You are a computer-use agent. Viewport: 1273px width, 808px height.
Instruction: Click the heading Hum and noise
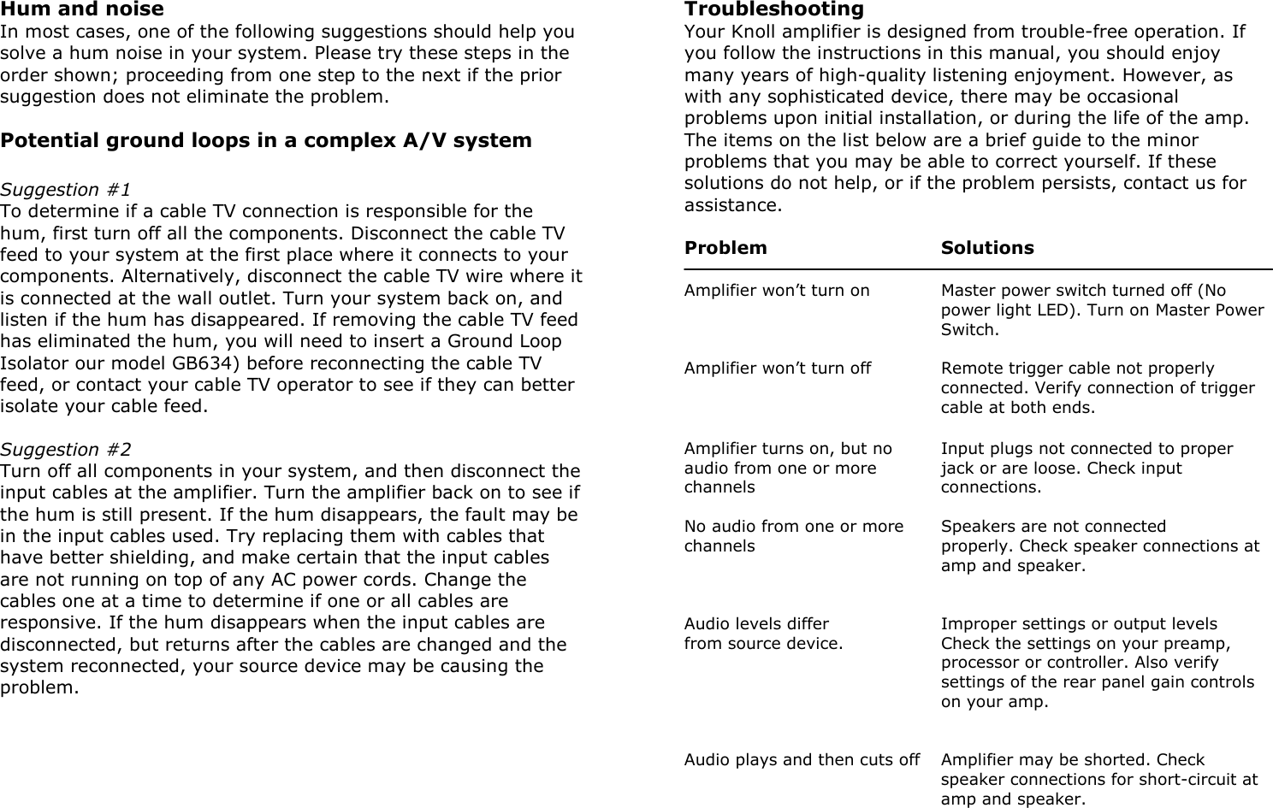[82, 9]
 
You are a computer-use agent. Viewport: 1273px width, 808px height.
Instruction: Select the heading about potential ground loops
[266, 140]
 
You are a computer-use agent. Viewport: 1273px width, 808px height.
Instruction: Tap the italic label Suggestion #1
[66, 190]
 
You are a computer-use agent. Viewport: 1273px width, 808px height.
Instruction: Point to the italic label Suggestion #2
[66, 450]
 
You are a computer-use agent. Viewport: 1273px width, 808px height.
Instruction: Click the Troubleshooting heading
[773, 9]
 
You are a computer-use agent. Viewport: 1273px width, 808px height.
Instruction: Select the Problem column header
[725, 248]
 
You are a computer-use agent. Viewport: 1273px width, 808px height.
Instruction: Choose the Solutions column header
[987, 248]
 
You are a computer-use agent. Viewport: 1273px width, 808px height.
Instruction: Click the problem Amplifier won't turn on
[777, 291]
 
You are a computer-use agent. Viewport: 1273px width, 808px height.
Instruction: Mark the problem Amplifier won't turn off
[778, 369]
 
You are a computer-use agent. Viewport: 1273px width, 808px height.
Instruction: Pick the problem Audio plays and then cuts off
[802, 760]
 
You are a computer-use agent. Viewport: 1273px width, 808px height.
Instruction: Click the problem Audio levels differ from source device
[763, 634]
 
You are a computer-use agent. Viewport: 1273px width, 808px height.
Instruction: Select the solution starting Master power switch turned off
[1102, 310]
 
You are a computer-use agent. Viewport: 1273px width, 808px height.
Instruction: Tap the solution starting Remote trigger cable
[1098, 388]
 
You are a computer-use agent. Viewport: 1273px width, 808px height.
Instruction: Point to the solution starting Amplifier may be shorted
[1098, 779]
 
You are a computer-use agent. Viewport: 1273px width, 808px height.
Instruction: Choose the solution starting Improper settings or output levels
[1097, 663]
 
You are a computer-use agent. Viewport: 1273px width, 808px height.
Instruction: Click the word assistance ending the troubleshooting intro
[732, 206]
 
